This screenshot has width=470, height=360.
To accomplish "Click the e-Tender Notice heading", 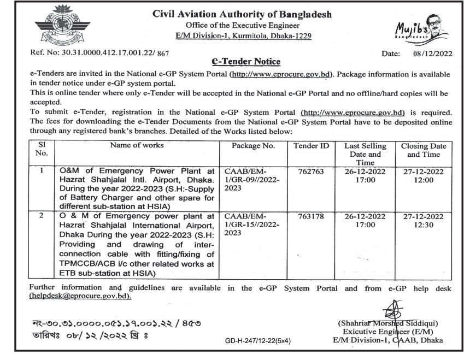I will tap(245, 62).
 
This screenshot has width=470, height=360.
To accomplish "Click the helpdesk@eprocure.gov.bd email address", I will tap(80, 296).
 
